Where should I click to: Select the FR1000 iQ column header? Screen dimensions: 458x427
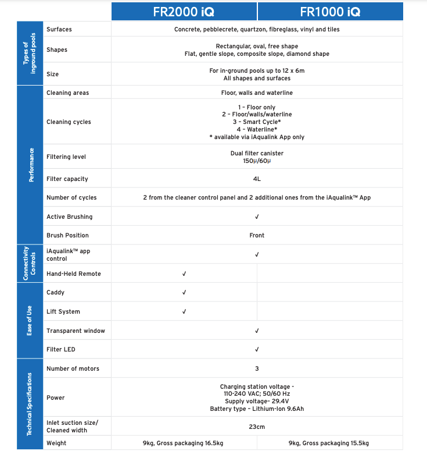(x=330, y=11)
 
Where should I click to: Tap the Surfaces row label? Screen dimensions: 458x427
(x=59, y=29)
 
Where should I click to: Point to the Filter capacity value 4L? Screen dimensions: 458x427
(x=257, y=179)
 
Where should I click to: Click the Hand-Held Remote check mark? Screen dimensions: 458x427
(x=184, y=274)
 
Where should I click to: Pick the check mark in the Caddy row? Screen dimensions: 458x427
(x=184, y=292)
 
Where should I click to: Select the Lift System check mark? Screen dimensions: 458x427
(x=184, y=311)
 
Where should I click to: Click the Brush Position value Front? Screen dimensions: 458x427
(x=257, y=235)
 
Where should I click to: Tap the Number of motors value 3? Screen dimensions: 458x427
(x=257, y=368)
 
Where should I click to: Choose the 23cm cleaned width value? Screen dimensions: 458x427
(x=257, y=426)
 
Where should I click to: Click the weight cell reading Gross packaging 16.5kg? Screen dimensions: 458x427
(x=184, y=443)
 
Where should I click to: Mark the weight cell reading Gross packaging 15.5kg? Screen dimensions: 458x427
(x=330, y=443)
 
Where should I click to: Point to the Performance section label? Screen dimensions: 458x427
(x=31, y=165)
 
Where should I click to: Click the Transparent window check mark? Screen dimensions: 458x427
(x=257, y=331)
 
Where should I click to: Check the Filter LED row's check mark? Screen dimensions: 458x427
(x=257, y=349)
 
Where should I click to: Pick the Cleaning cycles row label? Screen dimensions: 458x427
(x=69, y=122)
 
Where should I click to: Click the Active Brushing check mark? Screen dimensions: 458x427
(x=257, y=216)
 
